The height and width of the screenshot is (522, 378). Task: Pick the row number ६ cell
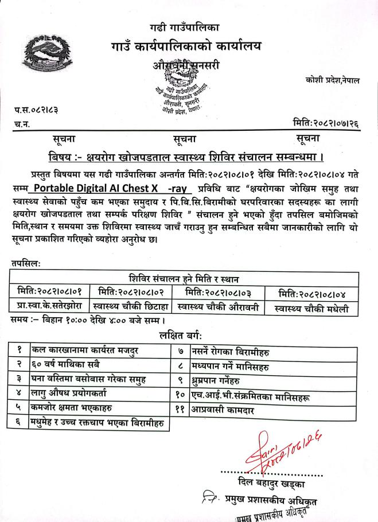[20, 424]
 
